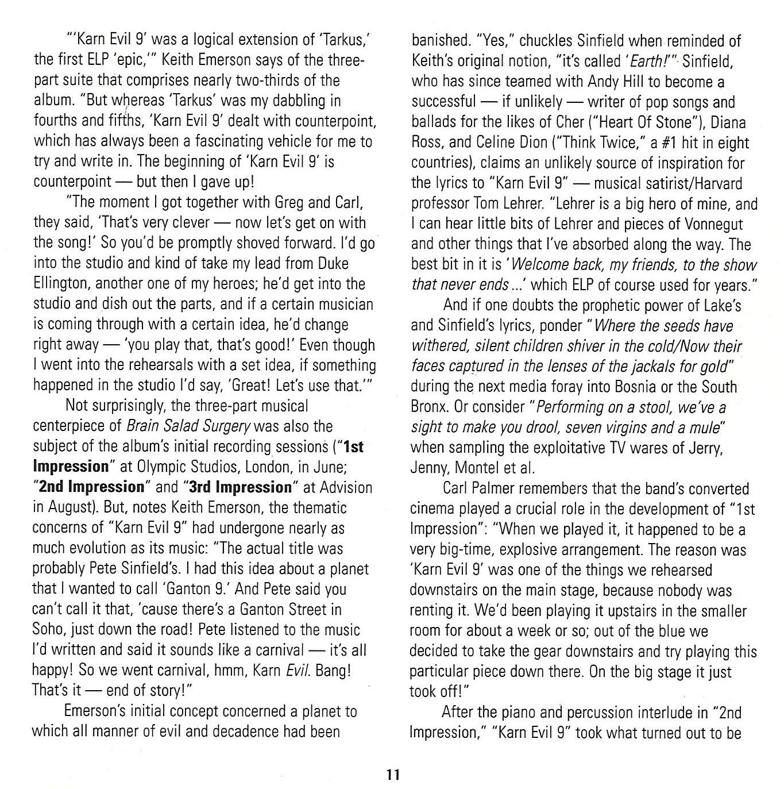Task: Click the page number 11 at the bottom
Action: tap(392, 773)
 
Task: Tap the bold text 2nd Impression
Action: tap(92, 487)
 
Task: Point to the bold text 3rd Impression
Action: tap(241, 487)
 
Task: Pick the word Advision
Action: tap(345, 487)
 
